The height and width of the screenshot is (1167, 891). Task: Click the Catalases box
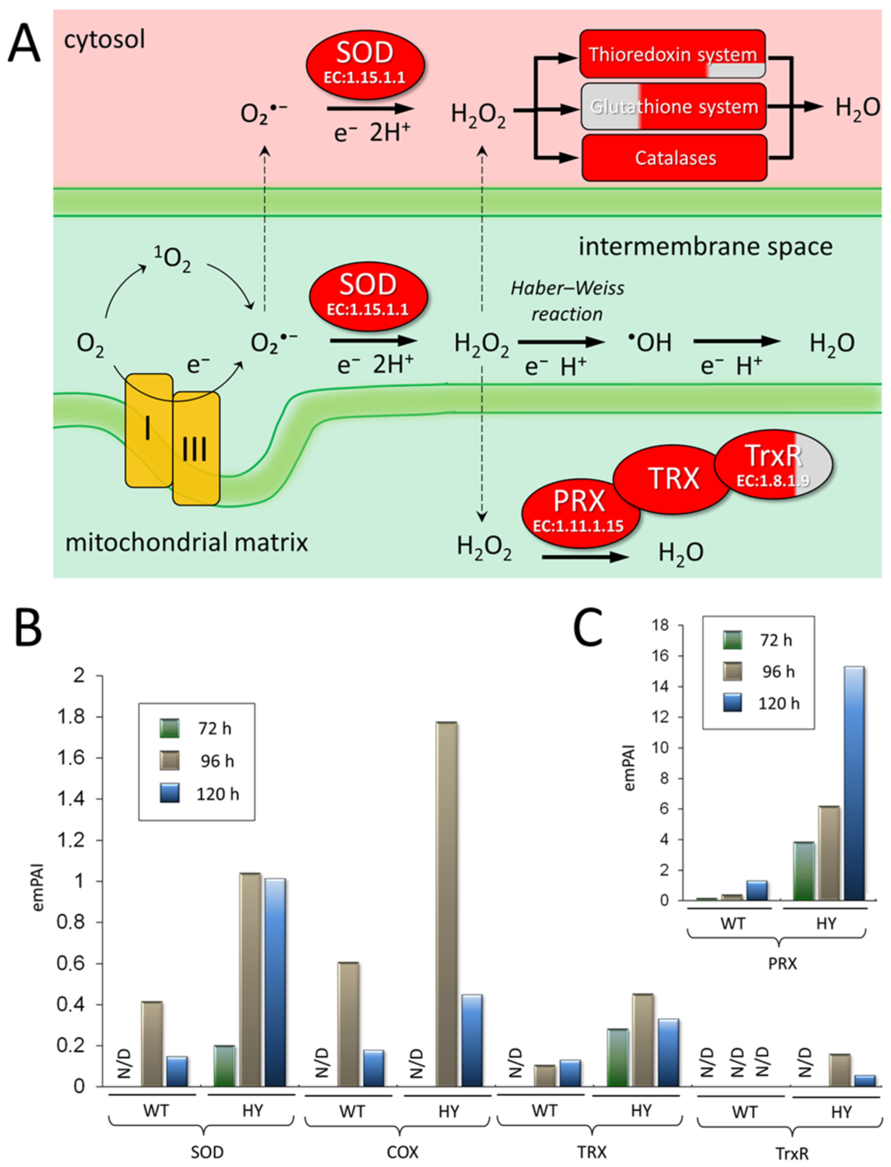(x=675, y=158)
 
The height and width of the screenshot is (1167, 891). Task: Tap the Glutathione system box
(x=674, y=107)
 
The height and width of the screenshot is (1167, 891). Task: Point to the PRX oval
(x=579, y=509)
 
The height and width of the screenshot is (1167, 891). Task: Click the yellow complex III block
(x=196, y=448)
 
